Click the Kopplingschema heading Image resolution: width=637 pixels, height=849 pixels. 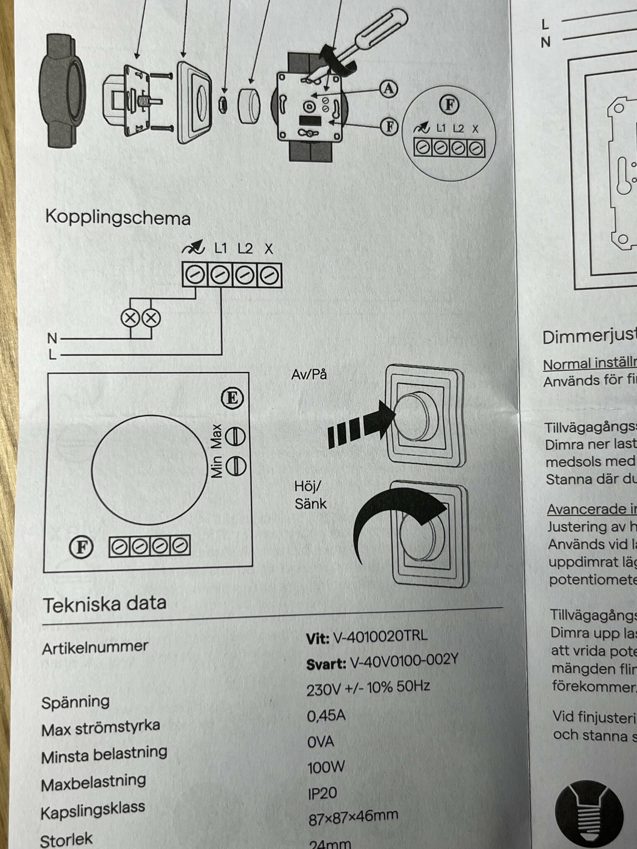pos(118,218)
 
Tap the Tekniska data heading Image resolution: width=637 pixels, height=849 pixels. pos(105,604)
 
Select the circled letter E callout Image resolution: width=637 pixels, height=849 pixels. pos(232,398)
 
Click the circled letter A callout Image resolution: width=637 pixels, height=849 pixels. pos(389,88)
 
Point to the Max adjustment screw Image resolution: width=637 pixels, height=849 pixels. pos(236,436)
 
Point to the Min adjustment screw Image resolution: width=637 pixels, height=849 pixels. pos(236,466)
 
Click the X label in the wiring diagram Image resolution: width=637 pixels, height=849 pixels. pos(269,249)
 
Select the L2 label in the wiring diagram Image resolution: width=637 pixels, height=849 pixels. pos(245,248)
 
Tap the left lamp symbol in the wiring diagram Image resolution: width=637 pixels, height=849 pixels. pos(130,318)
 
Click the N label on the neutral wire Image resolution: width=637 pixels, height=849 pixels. pos(52,338)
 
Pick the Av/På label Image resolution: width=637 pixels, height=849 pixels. pos(309,374)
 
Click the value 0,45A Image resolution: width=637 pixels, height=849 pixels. pos(326,716)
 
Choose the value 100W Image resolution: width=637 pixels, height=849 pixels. pos(326,767)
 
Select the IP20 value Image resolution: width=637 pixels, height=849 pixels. pos(322,793)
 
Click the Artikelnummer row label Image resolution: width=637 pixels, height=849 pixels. pos(95,647)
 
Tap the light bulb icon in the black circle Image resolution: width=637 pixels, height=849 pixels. pos(589,813)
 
